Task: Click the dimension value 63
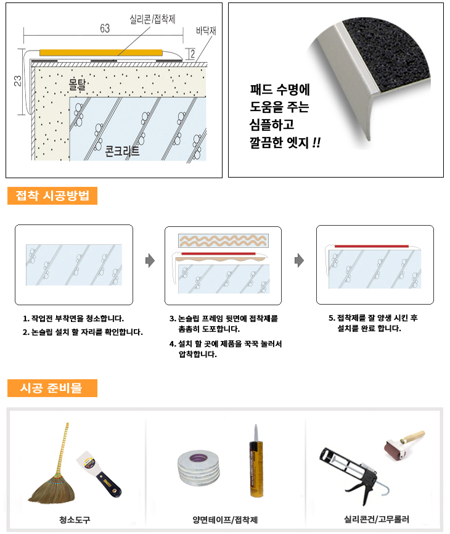(105, 28)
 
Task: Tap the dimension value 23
(17, 81)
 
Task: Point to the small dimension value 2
(192, 54)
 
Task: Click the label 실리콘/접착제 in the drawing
(152, 19)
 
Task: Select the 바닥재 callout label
(206, 31)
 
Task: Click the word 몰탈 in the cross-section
(77, 84)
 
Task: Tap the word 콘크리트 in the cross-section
(122, 150)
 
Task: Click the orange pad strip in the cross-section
(101, 52)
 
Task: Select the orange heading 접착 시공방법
(52, 195)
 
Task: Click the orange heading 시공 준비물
(52, 388)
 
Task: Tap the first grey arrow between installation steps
(150, 261)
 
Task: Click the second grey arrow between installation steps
(299, 261)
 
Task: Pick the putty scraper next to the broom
(98, 474)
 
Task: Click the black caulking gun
(351, 473)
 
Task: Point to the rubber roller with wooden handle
(403, 444)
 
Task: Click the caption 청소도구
(75, 520)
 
